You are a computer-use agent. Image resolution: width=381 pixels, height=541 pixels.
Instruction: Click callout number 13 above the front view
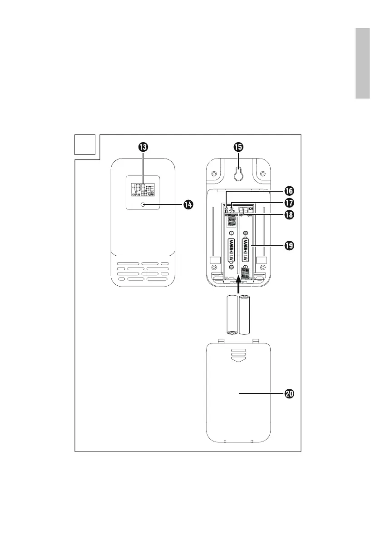click(x=143, y=147)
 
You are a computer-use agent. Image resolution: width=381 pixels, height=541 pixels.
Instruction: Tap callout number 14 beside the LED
click(x=187, y=205)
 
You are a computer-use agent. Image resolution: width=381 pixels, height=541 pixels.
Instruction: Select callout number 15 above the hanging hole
click(x=238, y=147)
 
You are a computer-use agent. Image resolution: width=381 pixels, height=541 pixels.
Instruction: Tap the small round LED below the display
click(x=143, y=205)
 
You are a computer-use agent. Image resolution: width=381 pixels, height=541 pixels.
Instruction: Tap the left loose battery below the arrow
click(x=232, y=314)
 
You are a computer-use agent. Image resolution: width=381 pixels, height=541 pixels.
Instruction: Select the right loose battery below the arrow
click(x=245, y=314)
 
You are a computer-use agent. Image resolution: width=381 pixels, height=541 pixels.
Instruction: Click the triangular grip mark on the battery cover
click(x=238, y=358)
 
